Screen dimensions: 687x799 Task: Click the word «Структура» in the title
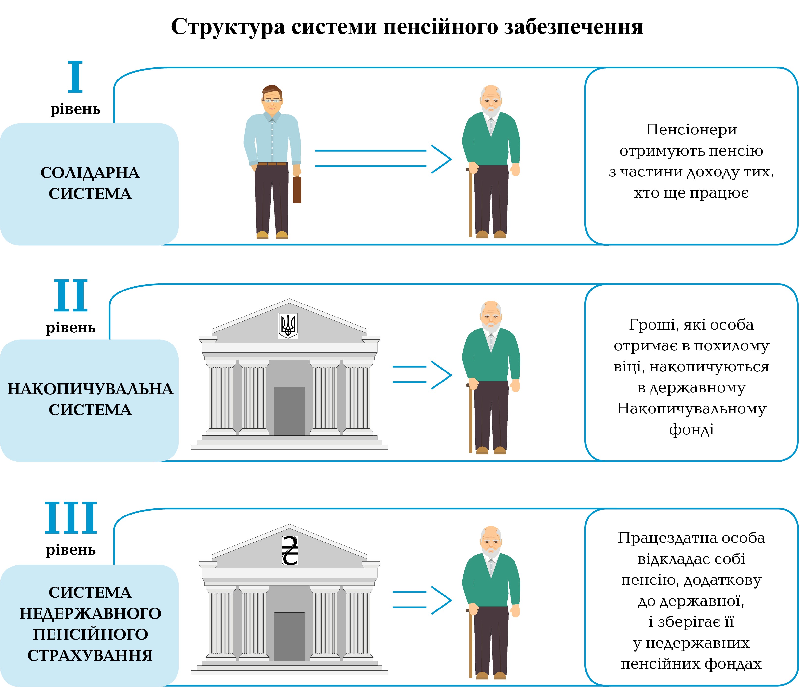pyautogui.click(x=228, y=27)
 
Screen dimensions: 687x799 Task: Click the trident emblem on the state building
pyautogui.click(x=288, y=325)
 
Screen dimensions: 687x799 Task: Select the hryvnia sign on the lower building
pyautogui.click(x=290, y=551)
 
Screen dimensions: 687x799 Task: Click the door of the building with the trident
pyautogui.click(x=289, y=411)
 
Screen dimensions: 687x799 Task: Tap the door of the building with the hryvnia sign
pyautogui.click(x=289, y=636)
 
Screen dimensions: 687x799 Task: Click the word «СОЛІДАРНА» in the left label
pyautogui.click(x=90, y=173)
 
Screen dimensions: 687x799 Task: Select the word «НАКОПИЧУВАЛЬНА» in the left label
pyautogui.click(x=90, y=389)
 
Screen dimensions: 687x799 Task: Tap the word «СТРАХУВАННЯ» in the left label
pyautogui.click(x=90, y=655)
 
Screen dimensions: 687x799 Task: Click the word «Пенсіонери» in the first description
pyautogui.click(x=691, y=130)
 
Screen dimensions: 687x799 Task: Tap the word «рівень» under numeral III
pyautogui.click(x=71, y=549)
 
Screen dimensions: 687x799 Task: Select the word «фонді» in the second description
pyautogui.click(x=691, y=429)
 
